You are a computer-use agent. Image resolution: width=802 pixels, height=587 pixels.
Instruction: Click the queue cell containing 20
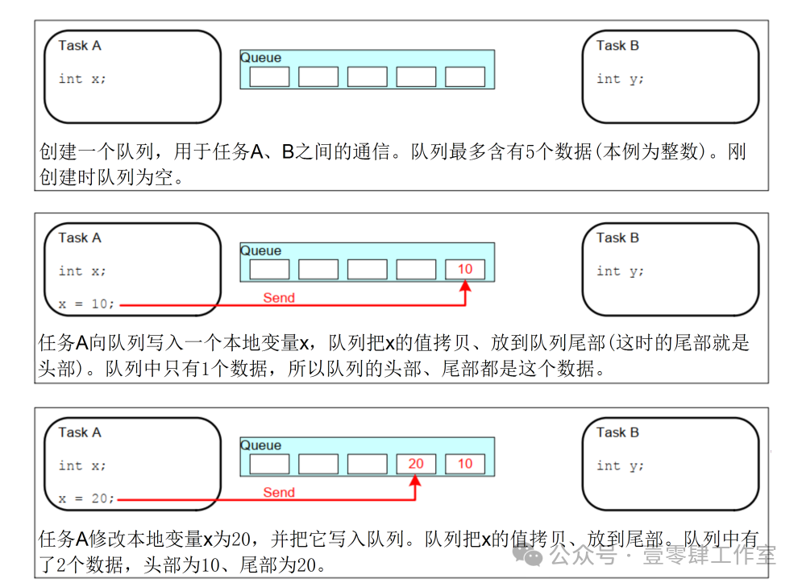(416, 464)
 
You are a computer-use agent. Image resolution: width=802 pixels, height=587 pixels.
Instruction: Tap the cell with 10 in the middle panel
(465, 269)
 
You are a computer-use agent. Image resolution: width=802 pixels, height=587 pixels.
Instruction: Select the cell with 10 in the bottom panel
(465, 464)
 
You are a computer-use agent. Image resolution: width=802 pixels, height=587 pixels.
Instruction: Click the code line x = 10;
(86, 304)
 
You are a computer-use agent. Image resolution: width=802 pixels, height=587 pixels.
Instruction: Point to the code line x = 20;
(86, 498)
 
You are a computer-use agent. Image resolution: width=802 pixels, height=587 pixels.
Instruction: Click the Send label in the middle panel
(279, 298)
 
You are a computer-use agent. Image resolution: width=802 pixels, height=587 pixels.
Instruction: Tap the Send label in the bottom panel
(279, 493)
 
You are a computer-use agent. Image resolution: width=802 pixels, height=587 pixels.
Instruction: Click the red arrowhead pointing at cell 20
(415, 480)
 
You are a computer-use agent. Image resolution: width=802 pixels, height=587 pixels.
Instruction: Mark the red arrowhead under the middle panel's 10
(465, 286)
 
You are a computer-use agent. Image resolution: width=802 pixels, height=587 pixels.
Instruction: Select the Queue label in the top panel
(261, 58)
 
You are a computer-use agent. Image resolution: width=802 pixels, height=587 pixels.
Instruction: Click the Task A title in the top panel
(80, 45)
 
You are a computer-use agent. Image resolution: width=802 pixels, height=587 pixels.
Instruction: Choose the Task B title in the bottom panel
(618, 432)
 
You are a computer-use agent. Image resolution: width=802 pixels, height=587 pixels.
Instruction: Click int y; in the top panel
(620, 79)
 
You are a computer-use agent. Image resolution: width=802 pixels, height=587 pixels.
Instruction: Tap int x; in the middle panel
(82, 271)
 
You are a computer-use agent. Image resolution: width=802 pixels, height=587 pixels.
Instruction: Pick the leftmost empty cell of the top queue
(269, 76)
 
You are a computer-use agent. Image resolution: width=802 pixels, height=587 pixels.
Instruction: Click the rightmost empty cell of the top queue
(465, 76)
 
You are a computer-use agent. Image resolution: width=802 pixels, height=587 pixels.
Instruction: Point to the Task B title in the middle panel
(618, 238)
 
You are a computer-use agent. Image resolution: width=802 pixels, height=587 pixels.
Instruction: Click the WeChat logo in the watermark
(527, 555)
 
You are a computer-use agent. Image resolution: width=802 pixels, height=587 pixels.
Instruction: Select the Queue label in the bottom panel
(261, 445)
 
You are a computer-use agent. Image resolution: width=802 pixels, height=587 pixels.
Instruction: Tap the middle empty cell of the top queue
(368, 76)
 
